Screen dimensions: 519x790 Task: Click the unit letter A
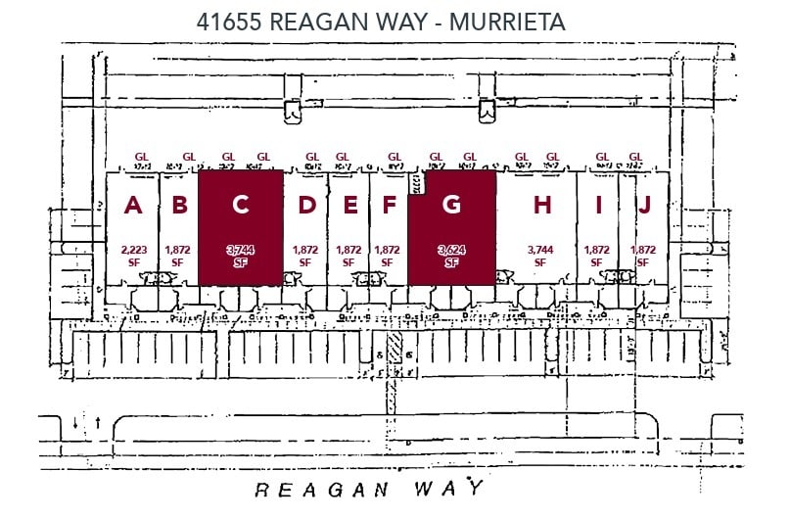[134, 206]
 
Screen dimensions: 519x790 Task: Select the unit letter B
[179, 206]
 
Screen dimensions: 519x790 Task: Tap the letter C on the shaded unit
[240, 206]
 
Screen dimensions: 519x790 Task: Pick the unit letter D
[307, 206]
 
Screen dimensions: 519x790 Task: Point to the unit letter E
[349, 206]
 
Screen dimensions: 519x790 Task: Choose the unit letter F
[389, 206]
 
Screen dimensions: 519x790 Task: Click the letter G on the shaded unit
[451, 206]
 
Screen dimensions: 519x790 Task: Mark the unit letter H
[542, 206]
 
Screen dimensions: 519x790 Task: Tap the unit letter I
[597, 206]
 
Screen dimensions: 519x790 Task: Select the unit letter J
[644, 206]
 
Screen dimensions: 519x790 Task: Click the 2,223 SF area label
[134, 256]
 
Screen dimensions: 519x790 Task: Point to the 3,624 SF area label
[451, 256]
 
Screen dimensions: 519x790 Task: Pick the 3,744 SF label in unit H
[540, 256]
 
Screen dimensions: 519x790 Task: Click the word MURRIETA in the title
[507, 21]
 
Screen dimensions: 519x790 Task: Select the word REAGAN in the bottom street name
[320, 489]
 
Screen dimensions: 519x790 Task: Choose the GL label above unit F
[395, 156]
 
